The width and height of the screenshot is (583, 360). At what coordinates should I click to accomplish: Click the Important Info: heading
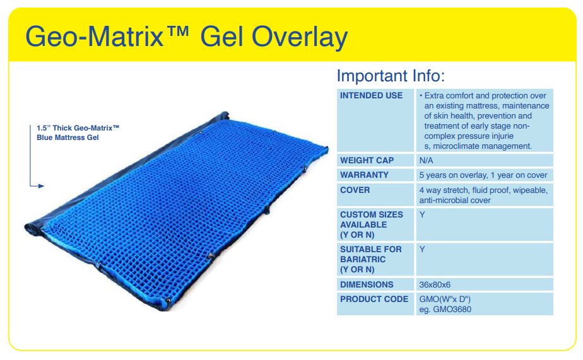[x=391, y=76]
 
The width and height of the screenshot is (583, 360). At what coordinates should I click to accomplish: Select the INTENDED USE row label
[x=371, y=96]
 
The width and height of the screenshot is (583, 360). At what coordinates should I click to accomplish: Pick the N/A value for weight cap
[x=427, y=161]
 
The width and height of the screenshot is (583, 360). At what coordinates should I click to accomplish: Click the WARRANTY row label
[x=364, y=175]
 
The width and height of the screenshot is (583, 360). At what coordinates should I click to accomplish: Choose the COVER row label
[x=355, y=190]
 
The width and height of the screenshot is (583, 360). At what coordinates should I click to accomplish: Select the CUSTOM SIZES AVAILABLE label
[x=371, y=224]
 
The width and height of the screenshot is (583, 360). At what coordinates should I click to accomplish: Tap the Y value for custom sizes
[x=422, y=214]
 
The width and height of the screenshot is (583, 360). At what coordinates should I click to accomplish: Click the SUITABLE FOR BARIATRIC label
[x=371, y=259]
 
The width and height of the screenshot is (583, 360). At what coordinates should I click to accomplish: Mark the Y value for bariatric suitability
[x=422, y=249]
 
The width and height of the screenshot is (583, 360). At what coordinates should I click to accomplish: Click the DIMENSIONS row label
[x=367, y=285]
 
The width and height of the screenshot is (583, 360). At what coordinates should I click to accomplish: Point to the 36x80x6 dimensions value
[x=435, y=285]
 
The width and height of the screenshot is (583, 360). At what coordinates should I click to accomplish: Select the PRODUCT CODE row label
[x=374, y=299]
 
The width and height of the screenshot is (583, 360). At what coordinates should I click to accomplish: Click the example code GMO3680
[x=454, y=309]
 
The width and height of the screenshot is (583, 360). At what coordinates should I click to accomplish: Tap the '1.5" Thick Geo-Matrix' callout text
[x=78, y=128]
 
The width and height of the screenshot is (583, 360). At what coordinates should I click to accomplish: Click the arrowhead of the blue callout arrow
[x=41, y=186]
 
